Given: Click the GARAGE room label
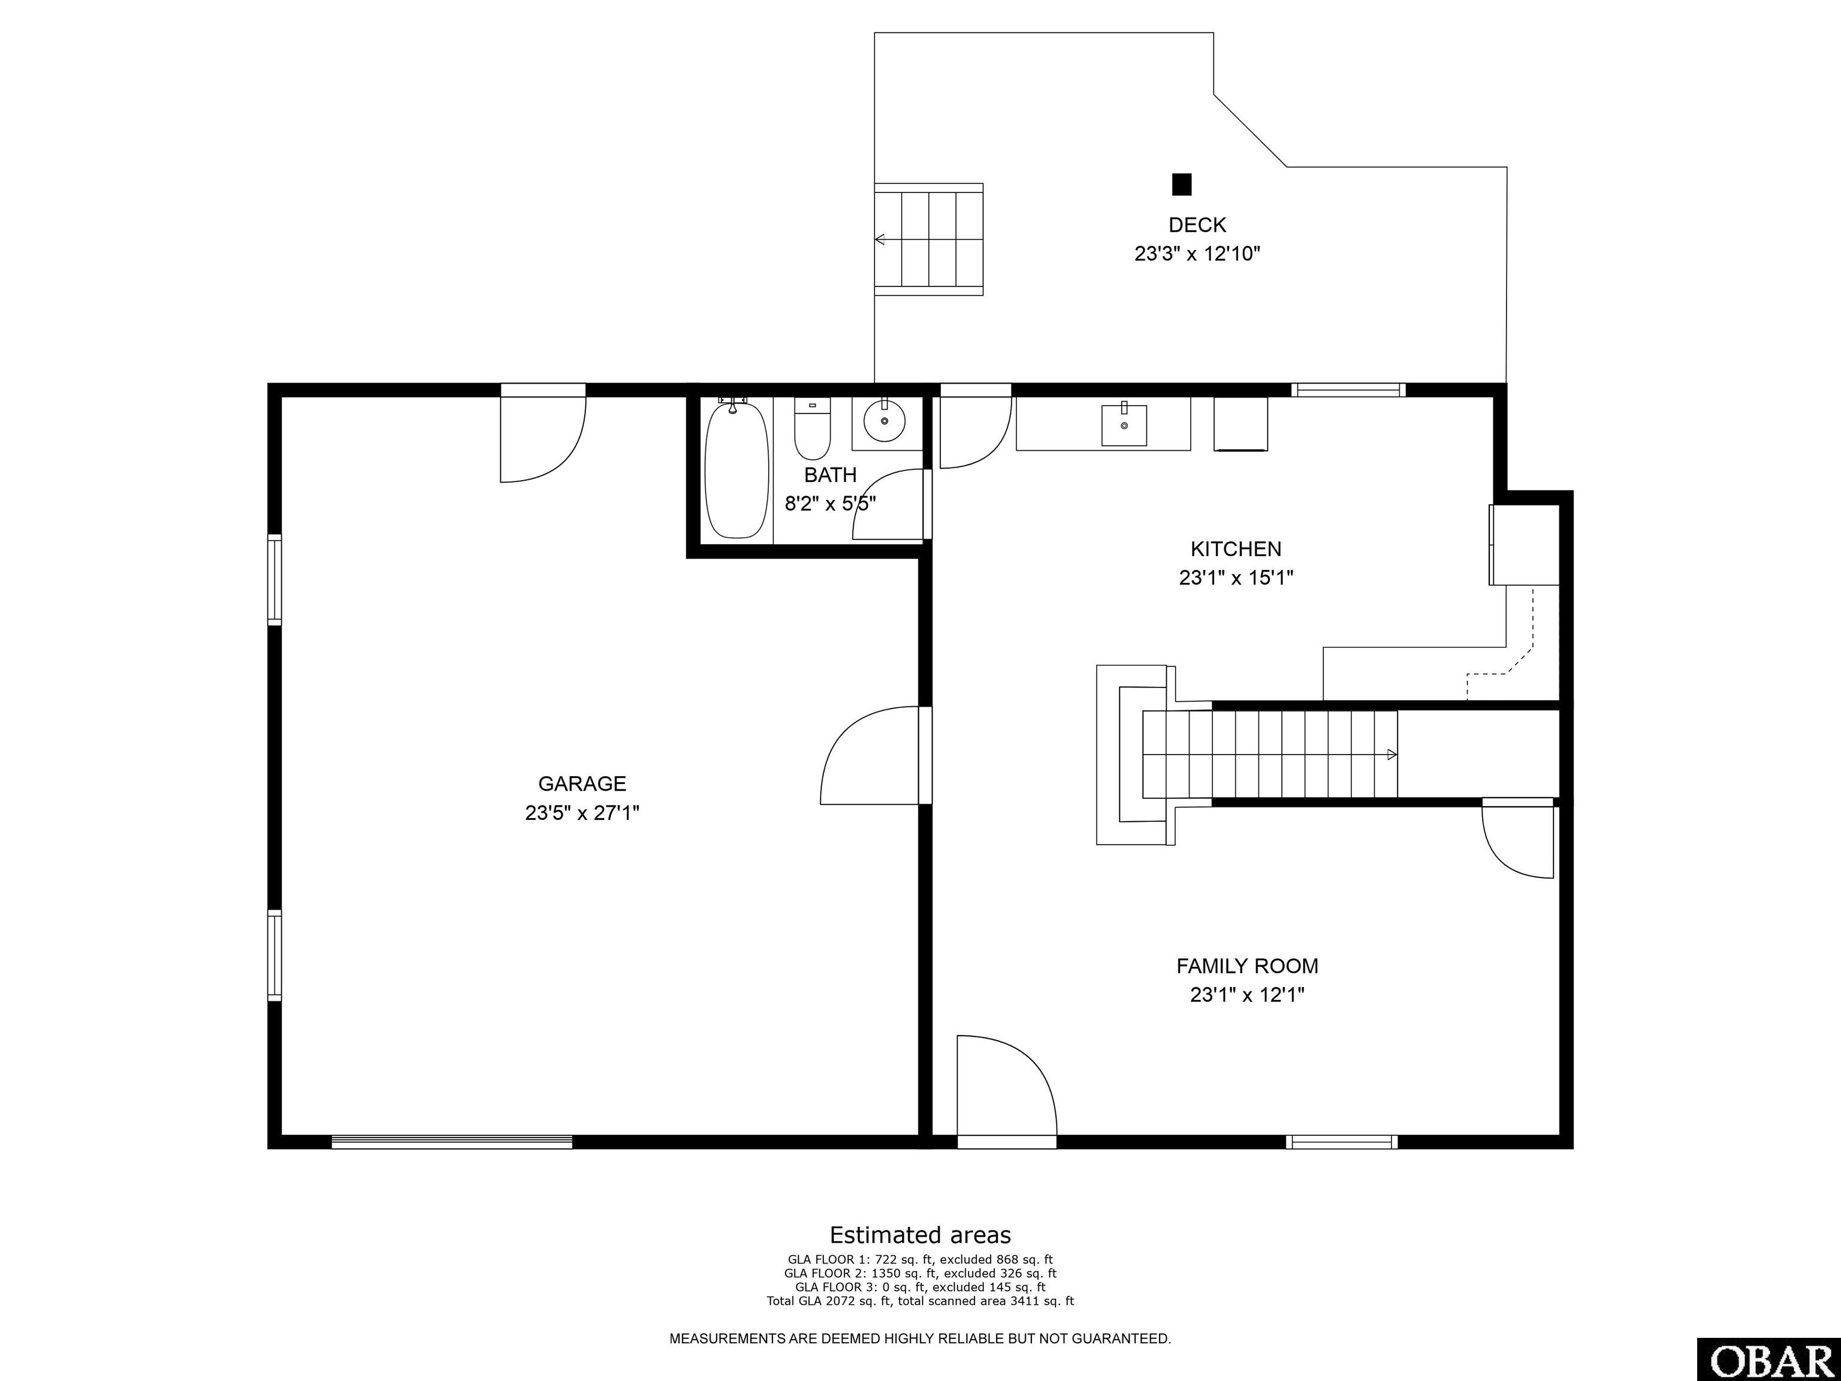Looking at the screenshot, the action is (x=582, y=783).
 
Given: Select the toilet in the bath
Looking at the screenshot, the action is (x=812, y=429).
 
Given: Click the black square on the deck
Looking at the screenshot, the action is (x=1182, y=184).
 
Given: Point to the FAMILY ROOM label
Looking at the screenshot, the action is (x=1247, y=966).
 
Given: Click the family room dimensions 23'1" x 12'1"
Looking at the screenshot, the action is (x=1247, y=995).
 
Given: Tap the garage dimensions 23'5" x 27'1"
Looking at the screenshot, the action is (x=582, y=812).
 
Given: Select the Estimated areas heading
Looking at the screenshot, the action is (x=920, y=1235).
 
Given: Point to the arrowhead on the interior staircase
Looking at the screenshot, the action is (x=1392, y=755).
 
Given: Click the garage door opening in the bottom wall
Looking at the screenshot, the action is (x=452, y=1142).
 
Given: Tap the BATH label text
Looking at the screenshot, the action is (x=830, y=475).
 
